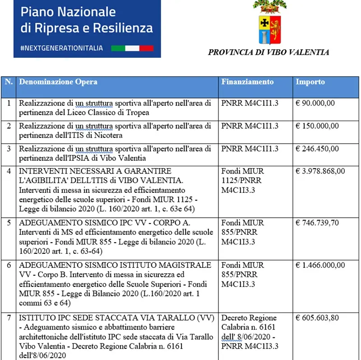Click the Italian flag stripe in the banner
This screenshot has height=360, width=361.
(x=132, y=48)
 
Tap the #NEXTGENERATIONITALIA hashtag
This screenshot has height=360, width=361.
(x=62, y=48)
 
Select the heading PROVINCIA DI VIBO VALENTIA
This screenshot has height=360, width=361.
(x=268, y=52)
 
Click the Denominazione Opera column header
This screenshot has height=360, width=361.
(x=58, y=82)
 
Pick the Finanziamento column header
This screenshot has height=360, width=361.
(x=247, y=82)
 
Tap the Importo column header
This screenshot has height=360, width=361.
(x=310, y=82)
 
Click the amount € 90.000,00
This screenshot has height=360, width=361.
(x=315, y=103)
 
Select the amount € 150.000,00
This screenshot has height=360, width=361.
(x=317, y=126)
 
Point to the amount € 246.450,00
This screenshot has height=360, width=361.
(x=317, y=149)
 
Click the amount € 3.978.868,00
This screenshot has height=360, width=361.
(x=320, y=171)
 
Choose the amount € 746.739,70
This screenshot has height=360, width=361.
(x=317, y=223)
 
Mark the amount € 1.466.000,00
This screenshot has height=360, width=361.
(x=320, y=265)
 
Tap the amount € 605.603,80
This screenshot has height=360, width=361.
(x=317, y=318)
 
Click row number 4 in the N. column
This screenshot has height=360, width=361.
(x=9, y=171)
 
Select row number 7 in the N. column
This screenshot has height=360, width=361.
(x=9, y=318)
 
